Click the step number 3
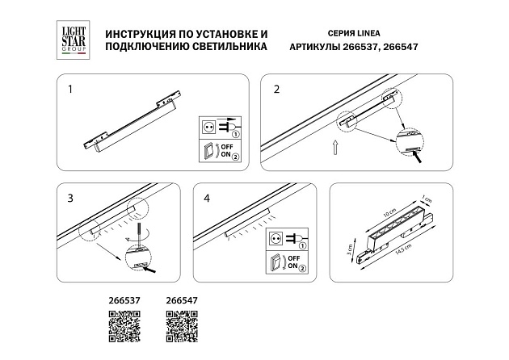(x=70, y=198)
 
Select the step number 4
(x=208, y=198)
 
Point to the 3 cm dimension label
(x=350, y=249)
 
